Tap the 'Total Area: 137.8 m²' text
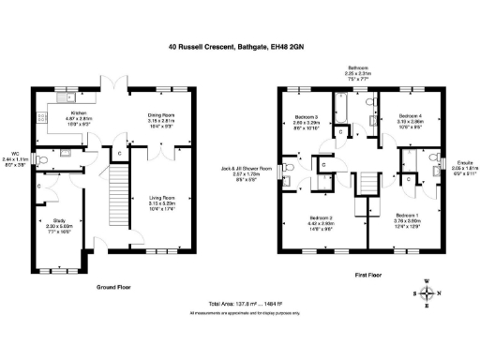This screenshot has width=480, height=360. coord(239,306)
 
